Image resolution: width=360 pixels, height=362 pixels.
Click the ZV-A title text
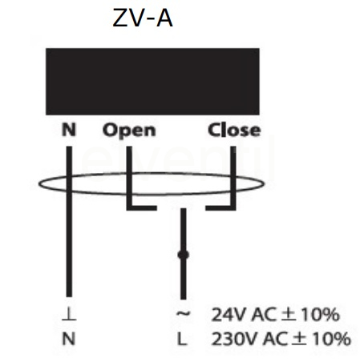[143, 18]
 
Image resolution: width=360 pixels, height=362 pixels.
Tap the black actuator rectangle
[152, 82]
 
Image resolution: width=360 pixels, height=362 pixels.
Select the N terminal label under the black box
[69, 130]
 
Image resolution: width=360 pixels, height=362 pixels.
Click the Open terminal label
[129, 131]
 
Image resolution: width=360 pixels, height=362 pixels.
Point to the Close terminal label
[234, 130]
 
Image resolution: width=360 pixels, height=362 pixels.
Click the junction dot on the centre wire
[183, 255]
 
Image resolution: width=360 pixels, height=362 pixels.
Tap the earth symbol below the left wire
[69, 314]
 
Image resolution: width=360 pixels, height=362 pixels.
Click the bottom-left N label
[69, 339]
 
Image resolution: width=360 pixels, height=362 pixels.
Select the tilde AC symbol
[183, 314]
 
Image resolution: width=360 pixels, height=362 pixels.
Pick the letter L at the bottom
[182, 339]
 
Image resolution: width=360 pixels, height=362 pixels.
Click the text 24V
[228, 314]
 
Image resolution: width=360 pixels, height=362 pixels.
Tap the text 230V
[234, 339]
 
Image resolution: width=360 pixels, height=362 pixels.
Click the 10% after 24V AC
[320, 314]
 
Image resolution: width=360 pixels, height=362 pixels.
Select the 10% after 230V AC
[331, 339]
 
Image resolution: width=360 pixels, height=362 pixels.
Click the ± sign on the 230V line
[299, 339]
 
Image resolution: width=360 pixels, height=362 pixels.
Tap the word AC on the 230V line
[274, 339]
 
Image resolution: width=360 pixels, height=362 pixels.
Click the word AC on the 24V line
[264, 314]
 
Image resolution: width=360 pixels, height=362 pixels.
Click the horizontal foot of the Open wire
[142, 207]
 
